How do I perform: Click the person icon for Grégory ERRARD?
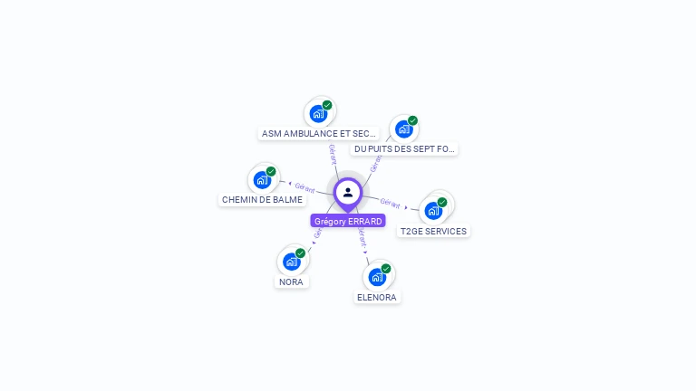(x=348, y=192)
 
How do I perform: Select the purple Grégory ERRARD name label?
(x=348, y=221)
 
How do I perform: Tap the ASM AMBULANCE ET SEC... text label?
(x=319, y=133)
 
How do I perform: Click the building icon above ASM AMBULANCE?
(x=318, y=113)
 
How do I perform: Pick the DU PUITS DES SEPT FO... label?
(x=404, y=148)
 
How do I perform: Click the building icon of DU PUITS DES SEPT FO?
(x=403, y=129)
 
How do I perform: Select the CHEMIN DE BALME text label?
(x=262, y=199)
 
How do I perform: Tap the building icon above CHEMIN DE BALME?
(x=262, y=179)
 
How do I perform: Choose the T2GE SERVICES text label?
(x=434, y=231)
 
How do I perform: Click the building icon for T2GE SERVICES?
(x=433, y=211)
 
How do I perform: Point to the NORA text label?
(x=291, y=281)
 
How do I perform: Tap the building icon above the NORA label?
(x=291, y=262)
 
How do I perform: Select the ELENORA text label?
(x=377, y=297)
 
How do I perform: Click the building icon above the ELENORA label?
(x=377, y=277)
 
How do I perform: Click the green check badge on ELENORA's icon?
(x=386, y=269)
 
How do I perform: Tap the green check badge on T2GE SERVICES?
(x=442, y=203)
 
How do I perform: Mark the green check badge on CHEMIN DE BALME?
(x=271, y=171)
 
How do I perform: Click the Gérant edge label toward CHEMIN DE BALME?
(x=304, y=187)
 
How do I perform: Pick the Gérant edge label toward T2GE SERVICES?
(x=391, y=203)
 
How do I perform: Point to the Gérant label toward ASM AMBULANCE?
(x=333, y=153)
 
